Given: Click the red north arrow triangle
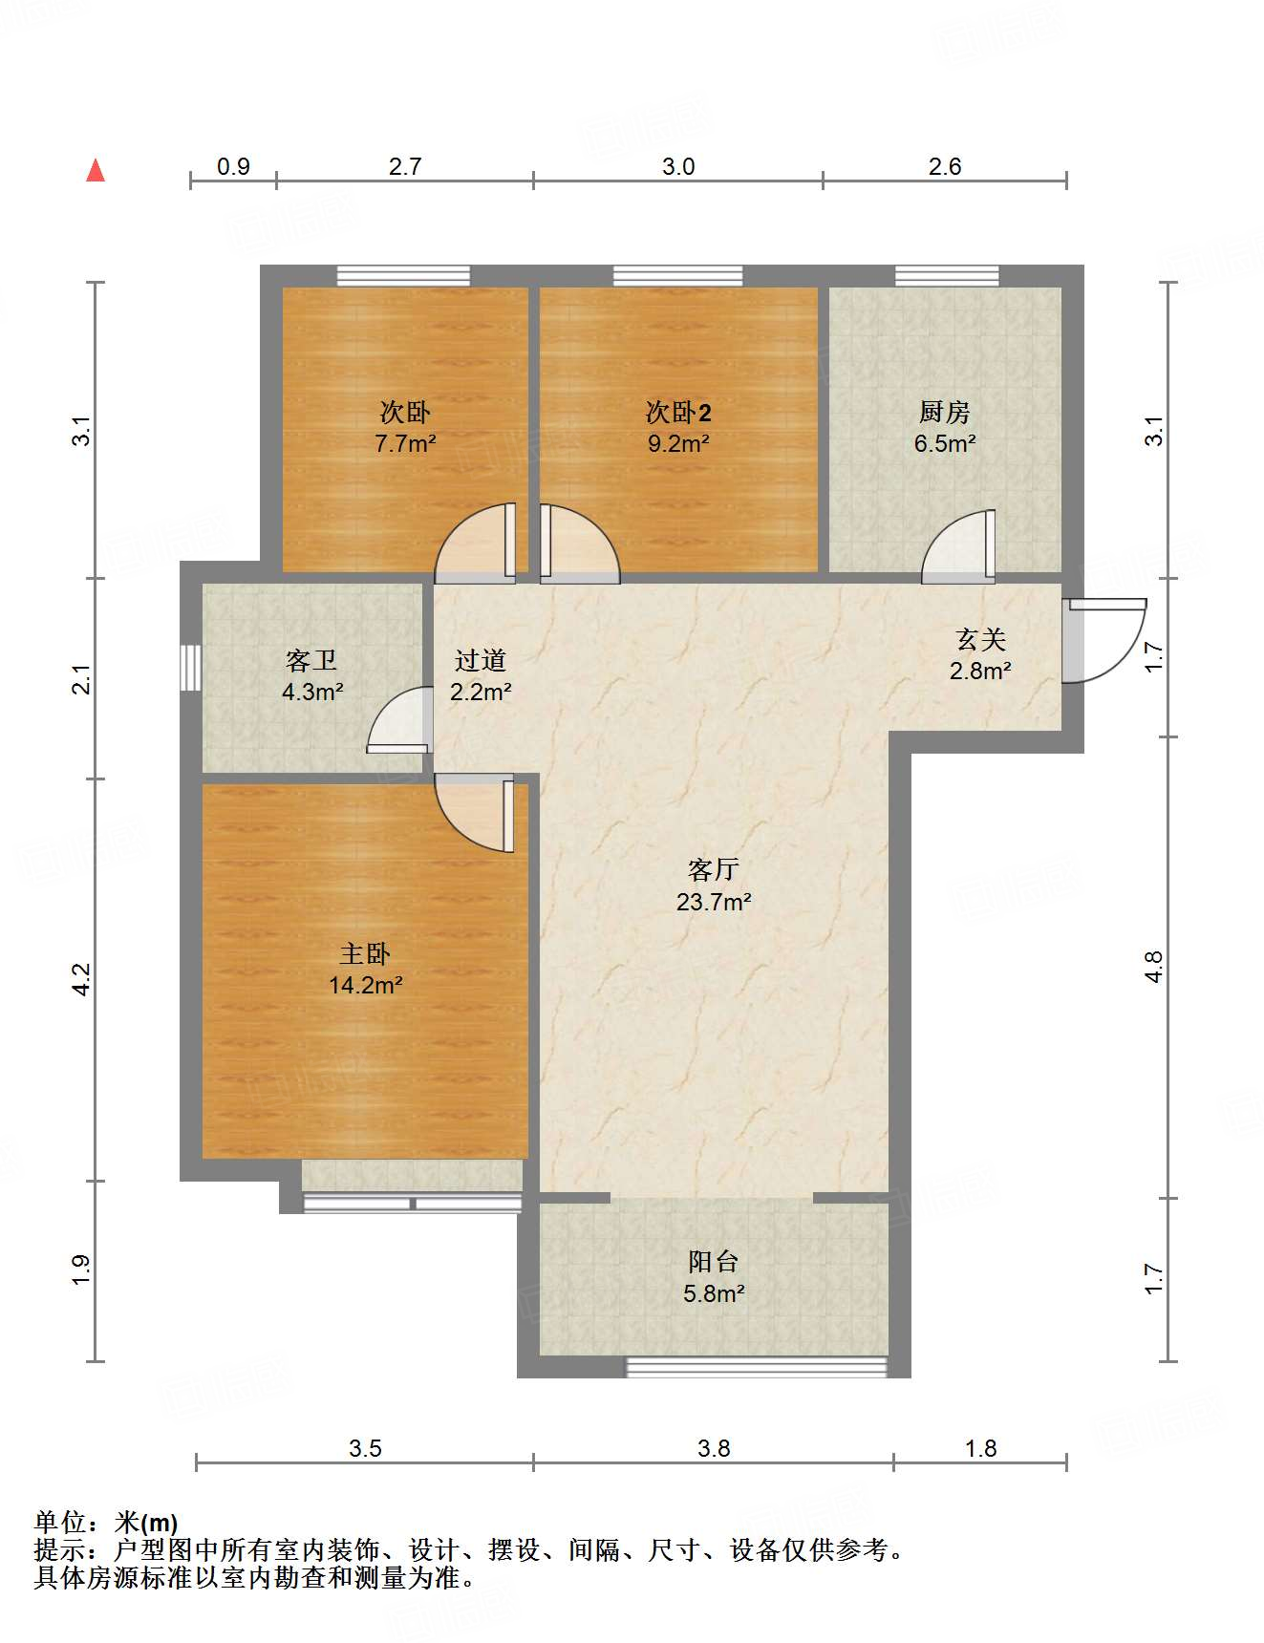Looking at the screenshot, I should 96,171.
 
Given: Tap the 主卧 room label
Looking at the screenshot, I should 365,953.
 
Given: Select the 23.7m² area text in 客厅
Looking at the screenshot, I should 714,902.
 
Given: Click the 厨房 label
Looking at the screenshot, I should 944,412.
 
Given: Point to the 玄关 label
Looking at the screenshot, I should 980,639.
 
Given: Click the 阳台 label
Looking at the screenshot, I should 713,1262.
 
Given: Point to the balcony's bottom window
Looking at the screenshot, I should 756,1368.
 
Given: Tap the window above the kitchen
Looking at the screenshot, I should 946,276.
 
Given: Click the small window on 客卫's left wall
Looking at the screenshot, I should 191,667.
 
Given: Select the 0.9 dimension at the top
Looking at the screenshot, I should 233,166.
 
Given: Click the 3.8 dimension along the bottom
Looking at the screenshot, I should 713,1448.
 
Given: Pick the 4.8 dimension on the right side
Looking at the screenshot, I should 1154,966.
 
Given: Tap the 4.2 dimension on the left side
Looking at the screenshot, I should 82,979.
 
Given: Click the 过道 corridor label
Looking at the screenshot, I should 480,660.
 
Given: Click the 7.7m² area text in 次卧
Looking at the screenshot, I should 405,443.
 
